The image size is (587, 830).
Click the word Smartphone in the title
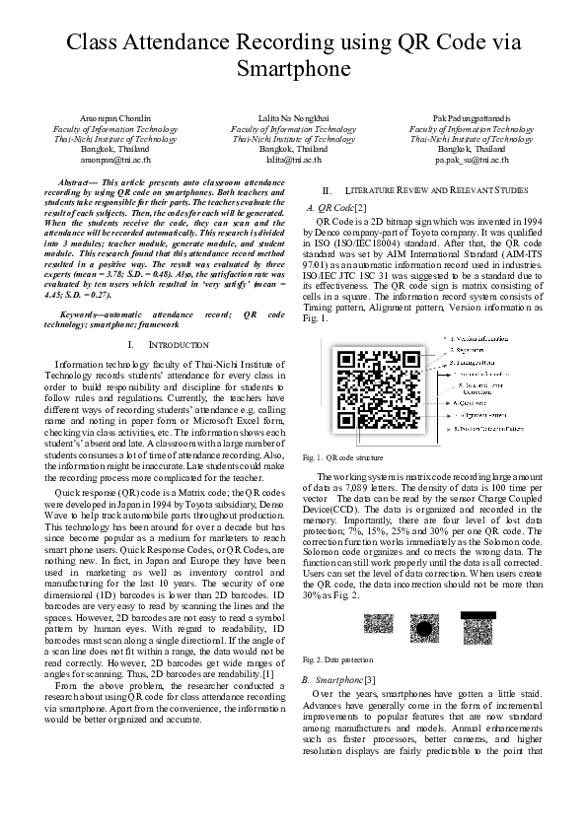point(293,70)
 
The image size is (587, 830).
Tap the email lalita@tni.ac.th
point(294,159)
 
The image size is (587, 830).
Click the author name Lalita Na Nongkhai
point(293,119)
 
